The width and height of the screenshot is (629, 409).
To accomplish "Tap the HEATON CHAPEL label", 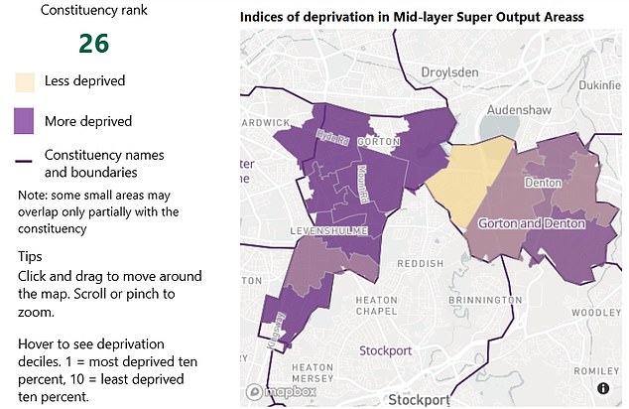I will tap(380, 306).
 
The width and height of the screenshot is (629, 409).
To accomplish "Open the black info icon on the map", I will tap(602, 388).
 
